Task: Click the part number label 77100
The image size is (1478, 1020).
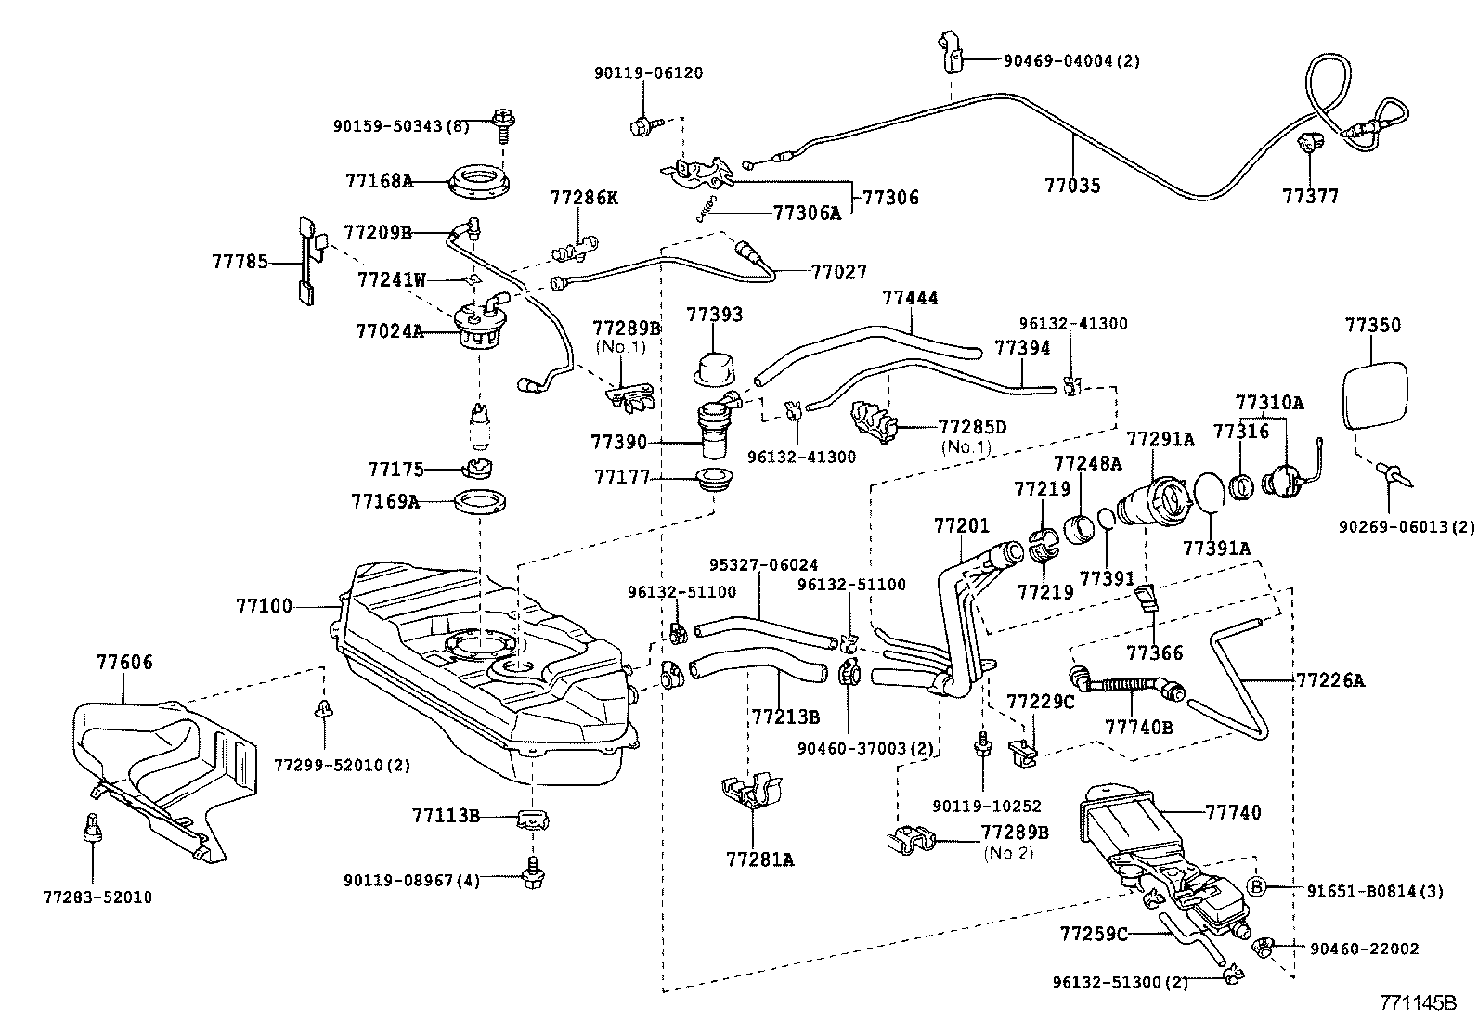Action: click(264, 607)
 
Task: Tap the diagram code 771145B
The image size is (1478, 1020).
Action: click(1418, 1003)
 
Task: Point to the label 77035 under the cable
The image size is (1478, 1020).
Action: click(1072, 186)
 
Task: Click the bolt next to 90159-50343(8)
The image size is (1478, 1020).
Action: click(506, 122)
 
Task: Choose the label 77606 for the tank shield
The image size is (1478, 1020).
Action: click(125, 663)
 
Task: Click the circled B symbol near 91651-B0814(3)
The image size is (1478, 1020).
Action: click(1256, 886)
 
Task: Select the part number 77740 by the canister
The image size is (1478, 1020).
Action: click(1234, 813)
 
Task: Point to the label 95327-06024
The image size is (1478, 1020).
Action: click(764, 564)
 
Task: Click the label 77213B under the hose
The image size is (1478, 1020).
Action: click(785, 717)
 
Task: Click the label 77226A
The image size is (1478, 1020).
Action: click(1330, 680)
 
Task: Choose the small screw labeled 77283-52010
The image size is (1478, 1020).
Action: click(93, 825)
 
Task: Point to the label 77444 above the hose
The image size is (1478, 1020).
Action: click(910, 298)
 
